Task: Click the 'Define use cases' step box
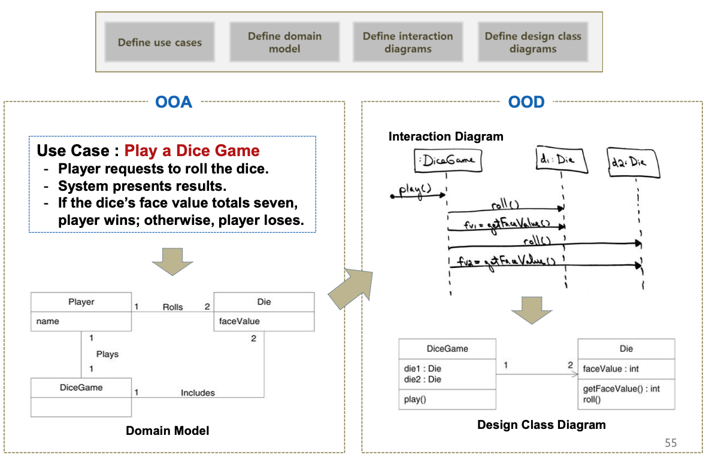(160, 42)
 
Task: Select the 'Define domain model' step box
(284, 42)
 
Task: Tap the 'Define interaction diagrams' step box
(408, 42)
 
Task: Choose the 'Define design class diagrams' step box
(533, 42)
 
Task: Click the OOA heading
(174, 102)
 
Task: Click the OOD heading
(526, 102)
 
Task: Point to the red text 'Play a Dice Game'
(192, 151)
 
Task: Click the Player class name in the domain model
(81, 302)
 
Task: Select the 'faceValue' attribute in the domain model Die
(240, 321)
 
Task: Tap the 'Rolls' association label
(172, 307)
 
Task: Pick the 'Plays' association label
(107, 354)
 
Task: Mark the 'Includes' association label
(198, 393)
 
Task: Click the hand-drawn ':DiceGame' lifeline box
(447, 160)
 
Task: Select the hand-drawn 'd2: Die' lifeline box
(634, 162)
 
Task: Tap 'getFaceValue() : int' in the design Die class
(622, 389)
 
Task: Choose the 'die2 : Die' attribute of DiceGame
(423, 379)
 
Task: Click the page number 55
(671, 443)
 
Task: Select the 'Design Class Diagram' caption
(541, 425)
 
